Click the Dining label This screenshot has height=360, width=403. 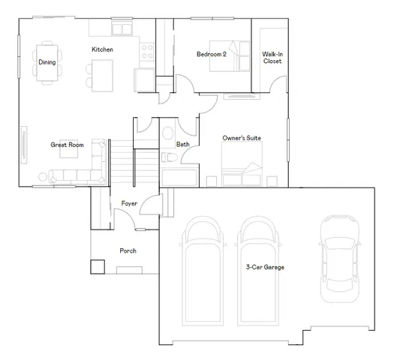pyautogui.click(x=47, y=62)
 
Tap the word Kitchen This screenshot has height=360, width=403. pyautogui.click(x=102, y=49)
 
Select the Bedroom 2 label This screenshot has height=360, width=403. pyautogui.click(x=210, y=54)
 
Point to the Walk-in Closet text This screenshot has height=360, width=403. pyautogui.click(x=272, y=58)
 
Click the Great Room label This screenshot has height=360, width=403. pyautogui.click(x=67, y=144)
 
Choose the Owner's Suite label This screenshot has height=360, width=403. pyautogui.click(x=242, y=139)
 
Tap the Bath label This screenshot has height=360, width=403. pyautogui.click(x=182, y=144)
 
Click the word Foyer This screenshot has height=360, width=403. pyautogui.click(x=128, y=203)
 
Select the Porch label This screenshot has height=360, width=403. pyautogui.click(x=128, y=250)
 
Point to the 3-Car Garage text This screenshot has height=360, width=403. pyautogui.click(x=265, y=267)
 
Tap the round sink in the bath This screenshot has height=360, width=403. pyautogui.click(x=167, y=133)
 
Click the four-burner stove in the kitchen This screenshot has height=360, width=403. pyautogui.click(x=146, y=52)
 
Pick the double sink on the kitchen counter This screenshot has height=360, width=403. pyautogui.click(x=121, y=29)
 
